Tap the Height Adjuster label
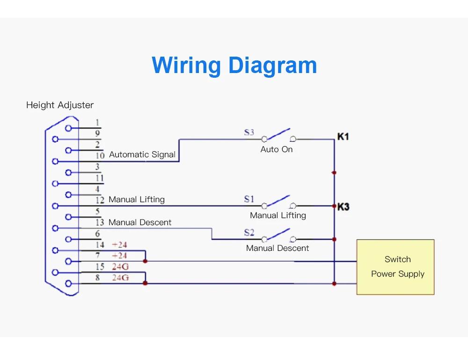[x=59, y=105]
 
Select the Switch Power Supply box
[x=395, y=267]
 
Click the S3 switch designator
[x=249, y=132]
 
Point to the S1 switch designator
[x=249, y=199]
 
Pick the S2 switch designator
[x=249, y=233]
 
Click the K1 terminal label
[x=343, y=137]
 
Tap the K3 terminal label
[x=343, y=206]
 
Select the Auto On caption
[x=277, y=149]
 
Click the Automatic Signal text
[x=142, y=154]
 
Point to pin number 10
[x=100, y=155]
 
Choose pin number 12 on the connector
[x=100, y=200]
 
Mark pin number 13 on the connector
[x=100, y=223]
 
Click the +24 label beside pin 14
[x=119, y=245]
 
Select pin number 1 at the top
[x=97, y=123]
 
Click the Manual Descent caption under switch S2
[x=278, y=248]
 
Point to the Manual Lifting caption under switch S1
[x=278, y=215]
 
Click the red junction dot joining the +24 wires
[x=146, y=261]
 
